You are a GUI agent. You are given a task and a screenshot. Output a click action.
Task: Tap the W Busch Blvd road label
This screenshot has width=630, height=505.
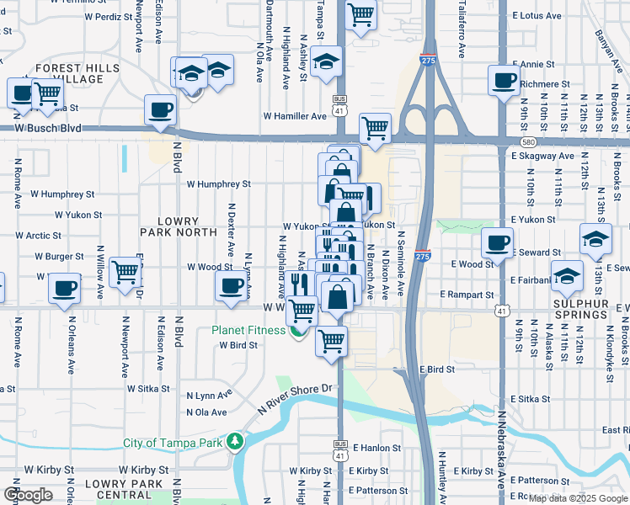47,128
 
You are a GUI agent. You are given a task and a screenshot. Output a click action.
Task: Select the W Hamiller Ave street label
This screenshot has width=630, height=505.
294,116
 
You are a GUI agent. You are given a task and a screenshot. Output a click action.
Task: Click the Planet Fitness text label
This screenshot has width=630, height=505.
248,330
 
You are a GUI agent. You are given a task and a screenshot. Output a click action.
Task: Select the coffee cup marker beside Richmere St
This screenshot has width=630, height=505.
504,81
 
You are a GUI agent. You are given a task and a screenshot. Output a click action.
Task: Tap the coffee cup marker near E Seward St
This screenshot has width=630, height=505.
497,242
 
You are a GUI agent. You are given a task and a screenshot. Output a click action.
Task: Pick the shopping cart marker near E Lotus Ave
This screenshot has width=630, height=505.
360,14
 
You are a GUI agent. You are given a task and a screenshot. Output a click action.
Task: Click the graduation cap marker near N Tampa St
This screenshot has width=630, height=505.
326,61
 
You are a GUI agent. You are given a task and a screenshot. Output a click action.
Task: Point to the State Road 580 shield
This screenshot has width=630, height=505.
527,142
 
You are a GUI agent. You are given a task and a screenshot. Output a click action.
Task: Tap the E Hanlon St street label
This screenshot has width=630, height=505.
376,449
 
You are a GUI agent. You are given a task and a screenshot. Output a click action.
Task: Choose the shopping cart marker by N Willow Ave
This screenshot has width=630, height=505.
125,271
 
